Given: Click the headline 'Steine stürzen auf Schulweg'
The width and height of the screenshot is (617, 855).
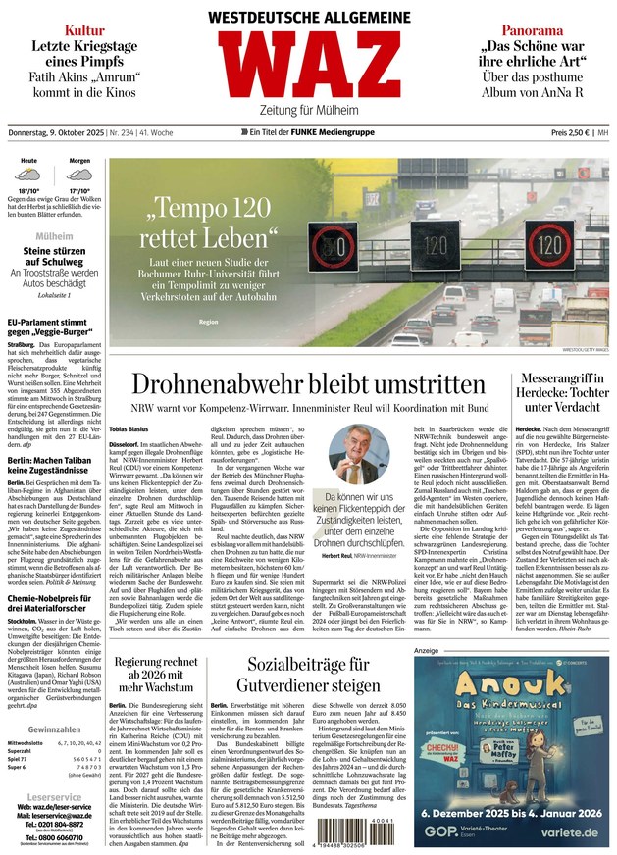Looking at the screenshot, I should pos(53,256).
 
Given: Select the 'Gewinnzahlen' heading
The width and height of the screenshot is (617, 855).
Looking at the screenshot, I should pos(53,729).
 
